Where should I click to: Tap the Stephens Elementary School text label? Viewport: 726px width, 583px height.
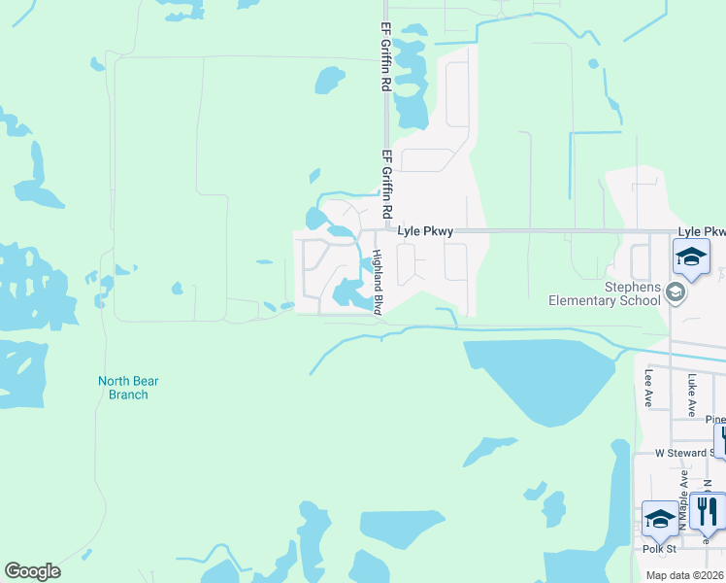point(603,293)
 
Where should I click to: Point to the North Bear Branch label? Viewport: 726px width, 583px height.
point(123,388)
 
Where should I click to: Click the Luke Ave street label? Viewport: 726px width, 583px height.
point(691,394)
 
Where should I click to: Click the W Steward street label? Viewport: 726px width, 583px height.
point(683,453)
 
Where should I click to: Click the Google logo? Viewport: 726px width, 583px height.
point(32,571)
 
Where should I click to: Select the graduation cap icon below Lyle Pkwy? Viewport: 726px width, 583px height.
point(691,257)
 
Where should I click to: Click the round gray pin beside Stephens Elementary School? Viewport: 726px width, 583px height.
point(676,292)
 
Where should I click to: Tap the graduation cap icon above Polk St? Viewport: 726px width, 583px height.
point(660,518)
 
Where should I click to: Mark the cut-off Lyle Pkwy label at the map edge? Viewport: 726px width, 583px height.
point(701,231)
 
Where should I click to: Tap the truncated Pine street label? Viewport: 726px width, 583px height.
point(715,420)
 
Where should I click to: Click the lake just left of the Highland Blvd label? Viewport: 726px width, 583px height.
point(349,291)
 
